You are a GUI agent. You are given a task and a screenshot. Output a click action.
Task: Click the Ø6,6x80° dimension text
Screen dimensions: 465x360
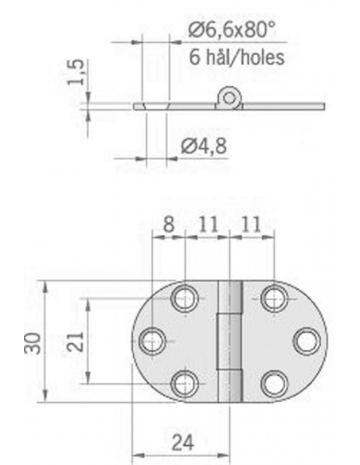tap(230, 32)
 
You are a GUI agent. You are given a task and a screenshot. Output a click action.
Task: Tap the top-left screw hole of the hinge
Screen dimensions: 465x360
tap(185, 299)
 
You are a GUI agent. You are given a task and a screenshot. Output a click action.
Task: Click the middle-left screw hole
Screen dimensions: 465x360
tap(152, 341)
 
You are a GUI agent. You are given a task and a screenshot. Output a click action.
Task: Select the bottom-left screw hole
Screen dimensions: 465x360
tap(185, 383)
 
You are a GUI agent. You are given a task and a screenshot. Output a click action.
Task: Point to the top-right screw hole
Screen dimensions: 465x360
tap(274, 299)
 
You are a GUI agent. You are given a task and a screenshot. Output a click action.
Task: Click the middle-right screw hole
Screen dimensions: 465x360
tap(306, 341)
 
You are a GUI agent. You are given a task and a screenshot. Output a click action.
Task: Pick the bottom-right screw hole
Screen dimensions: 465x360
tap(274, 383)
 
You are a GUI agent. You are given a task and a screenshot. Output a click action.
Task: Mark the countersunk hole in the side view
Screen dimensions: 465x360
tap(154, 105)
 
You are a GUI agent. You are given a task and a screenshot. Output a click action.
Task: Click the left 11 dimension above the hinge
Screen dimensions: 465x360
tap(207, 225)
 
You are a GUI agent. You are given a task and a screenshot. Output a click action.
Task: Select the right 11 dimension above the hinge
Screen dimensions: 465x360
tap(252, 225)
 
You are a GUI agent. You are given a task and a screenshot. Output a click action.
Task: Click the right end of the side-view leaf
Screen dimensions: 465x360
tap(323, 105)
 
